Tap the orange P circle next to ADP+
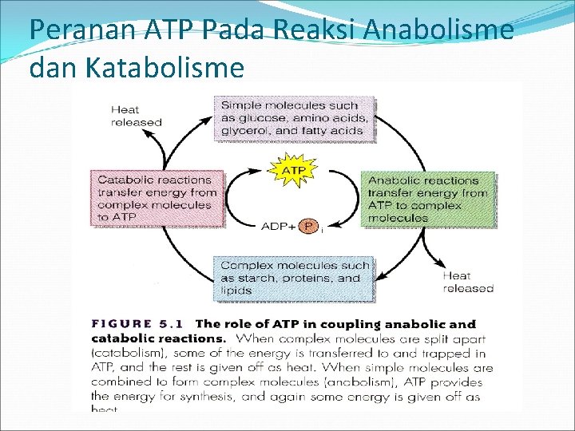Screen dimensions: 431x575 308,227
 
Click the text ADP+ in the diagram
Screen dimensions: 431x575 278,227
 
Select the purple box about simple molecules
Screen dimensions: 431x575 294,118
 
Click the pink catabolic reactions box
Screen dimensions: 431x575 157,198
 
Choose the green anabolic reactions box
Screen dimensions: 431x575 427,199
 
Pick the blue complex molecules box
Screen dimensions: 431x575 294,278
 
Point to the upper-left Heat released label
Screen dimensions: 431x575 136,117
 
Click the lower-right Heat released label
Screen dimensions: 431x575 468,282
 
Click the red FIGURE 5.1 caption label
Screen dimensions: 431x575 137,324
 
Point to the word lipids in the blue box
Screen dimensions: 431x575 237,291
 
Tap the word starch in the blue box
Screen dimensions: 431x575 254,278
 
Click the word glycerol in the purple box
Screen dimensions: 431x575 243,131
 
